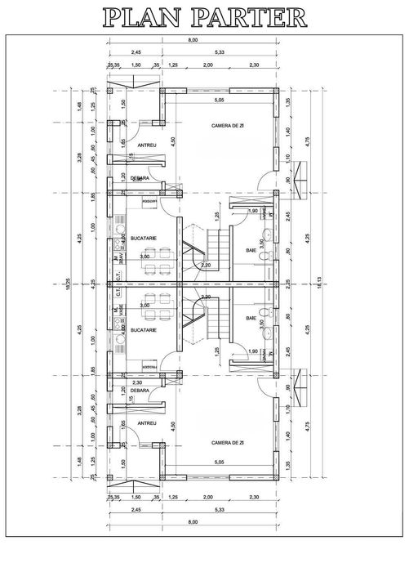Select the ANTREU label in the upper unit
147,145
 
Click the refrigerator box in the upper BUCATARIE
149,200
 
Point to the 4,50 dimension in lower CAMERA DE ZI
172,425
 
